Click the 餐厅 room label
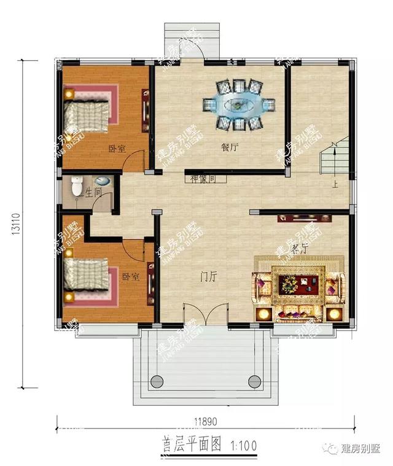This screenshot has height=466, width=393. coord(230,147)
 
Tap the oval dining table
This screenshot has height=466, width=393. coord(236,104)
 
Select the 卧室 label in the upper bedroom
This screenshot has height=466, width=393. coord(117,149)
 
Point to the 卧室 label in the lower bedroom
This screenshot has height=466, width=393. coord(130,277)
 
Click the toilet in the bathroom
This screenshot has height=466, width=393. coord(76,185)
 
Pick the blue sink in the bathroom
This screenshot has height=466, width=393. coord(103,182)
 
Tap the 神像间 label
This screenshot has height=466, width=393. coord(203,179)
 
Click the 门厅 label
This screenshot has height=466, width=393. coord(209,277)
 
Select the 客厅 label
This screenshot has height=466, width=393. coord(299,249)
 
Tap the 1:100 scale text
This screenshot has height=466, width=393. coord(244,445)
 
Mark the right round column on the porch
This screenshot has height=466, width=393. coord(254,379)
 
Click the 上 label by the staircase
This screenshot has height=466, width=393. coord(335,184)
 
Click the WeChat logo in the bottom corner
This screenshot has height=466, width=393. coord(332,449)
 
